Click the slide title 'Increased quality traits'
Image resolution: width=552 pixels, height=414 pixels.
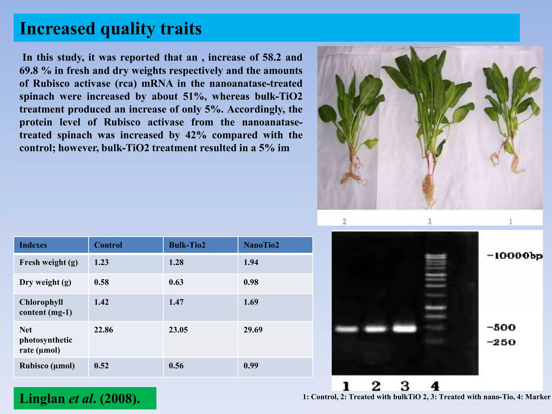[111, 29]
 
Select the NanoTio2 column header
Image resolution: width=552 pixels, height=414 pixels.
[261, 245]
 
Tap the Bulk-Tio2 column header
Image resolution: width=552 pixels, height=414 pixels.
[187, 245]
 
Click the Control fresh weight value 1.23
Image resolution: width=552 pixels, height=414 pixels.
[101, 262]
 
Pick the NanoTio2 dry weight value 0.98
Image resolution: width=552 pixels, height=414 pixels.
[251, 282]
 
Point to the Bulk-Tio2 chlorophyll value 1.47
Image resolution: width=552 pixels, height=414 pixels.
[176, 302]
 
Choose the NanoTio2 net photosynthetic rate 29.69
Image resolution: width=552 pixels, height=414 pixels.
[253, 330]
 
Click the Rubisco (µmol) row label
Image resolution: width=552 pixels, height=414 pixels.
[47, 366]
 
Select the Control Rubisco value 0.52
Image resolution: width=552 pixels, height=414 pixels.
[101, 366]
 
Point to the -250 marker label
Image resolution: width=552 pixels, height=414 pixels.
[501, 343]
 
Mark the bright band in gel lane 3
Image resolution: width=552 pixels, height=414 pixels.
[404, 329]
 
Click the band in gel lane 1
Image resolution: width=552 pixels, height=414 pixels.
[347, 329]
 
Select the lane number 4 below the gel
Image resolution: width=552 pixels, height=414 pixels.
[435, 386]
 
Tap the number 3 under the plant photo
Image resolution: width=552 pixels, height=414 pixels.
[430, 221]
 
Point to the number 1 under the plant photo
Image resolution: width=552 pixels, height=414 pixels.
[510, 221]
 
